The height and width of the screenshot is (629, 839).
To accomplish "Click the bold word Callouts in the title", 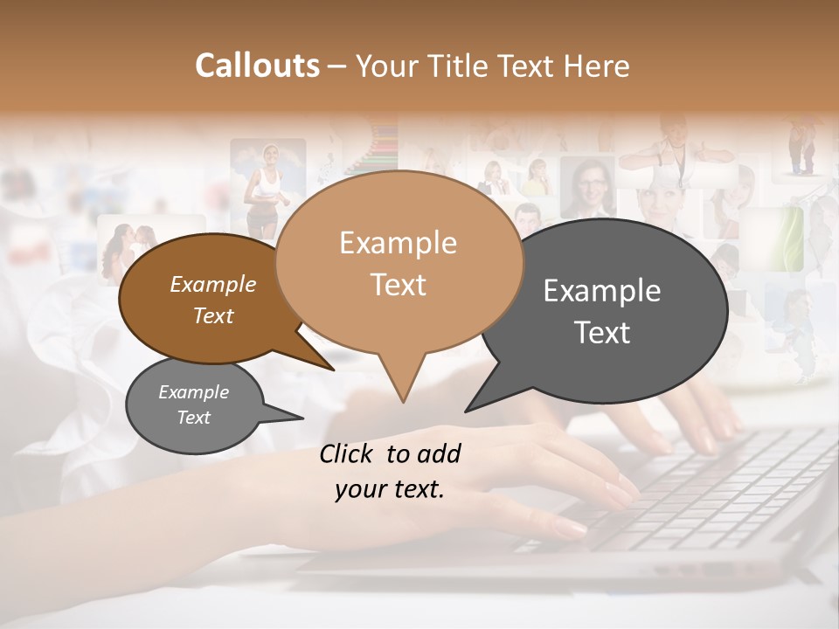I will (x=257, y=66).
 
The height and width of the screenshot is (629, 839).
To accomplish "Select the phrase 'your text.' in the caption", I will (x=390, y=490).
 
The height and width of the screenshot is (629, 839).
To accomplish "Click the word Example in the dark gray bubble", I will (x=602, y=291).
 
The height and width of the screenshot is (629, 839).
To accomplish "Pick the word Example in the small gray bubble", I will (x=193, y=392).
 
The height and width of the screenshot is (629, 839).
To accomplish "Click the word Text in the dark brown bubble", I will (x=213, y=315).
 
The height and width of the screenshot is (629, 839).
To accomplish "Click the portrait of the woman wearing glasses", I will (x=586, y=188).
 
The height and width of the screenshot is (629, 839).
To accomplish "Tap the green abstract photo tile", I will (x=783, y=238).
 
